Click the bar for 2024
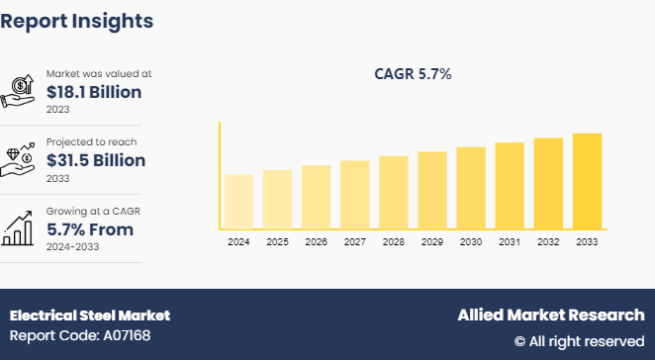[238, 202]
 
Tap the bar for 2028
[394, 192]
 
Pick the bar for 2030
[471, 188]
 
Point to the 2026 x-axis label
[316, 242]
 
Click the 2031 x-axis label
[510, 242]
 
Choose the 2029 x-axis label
[432, 242]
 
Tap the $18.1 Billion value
[94, 92]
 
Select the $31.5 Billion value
[96, 160]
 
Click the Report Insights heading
[77, 20]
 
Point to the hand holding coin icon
[22, 91]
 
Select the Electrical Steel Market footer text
[90, 315]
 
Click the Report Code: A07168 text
[80, 336]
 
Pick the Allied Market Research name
[550, 315]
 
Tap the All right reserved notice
[579, 341]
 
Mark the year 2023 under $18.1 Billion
[58, 109]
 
